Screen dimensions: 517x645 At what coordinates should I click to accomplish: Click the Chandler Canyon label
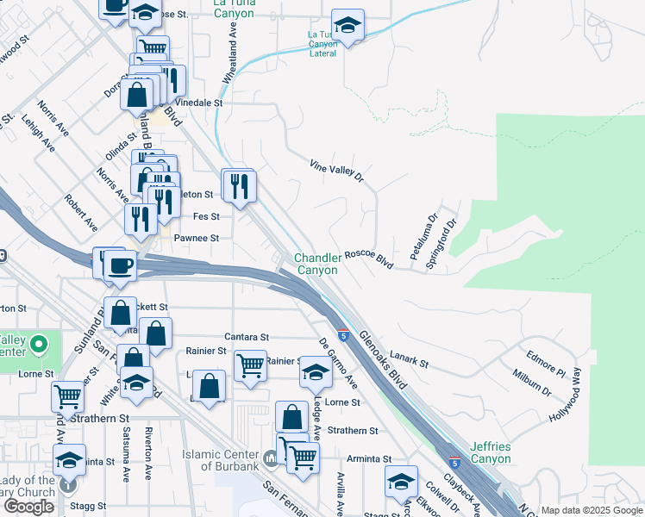tap(317, 264)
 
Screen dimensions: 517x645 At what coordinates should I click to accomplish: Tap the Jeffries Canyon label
tap(492, 453)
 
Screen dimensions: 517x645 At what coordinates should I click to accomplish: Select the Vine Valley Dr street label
tap(337, 169)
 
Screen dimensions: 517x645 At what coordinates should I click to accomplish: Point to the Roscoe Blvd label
tap(369, 259)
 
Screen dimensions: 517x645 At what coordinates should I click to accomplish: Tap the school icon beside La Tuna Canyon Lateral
tap(348, 26)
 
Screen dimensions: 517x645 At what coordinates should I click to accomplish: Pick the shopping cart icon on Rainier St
tap(250, 364)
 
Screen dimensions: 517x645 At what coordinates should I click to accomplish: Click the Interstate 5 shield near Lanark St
tap(342, 333)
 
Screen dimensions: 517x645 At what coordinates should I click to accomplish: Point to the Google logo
tap(28, 506)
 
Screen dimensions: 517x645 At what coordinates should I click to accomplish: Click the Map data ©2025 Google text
tap(592, 510)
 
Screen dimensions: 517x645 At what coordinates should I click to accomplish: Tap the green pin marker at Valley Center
tap(37, 346)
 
